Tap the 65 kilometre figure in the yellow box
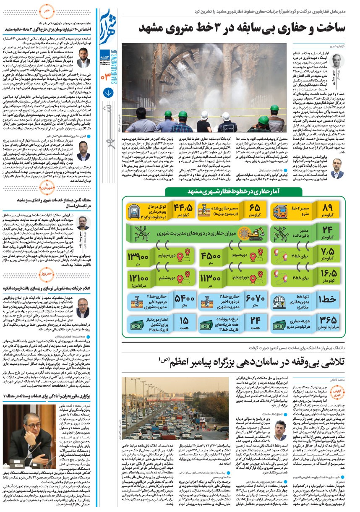point(255,209)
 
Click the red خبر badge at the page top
point(47,9)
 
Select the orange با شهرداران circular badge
point(47,186)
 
